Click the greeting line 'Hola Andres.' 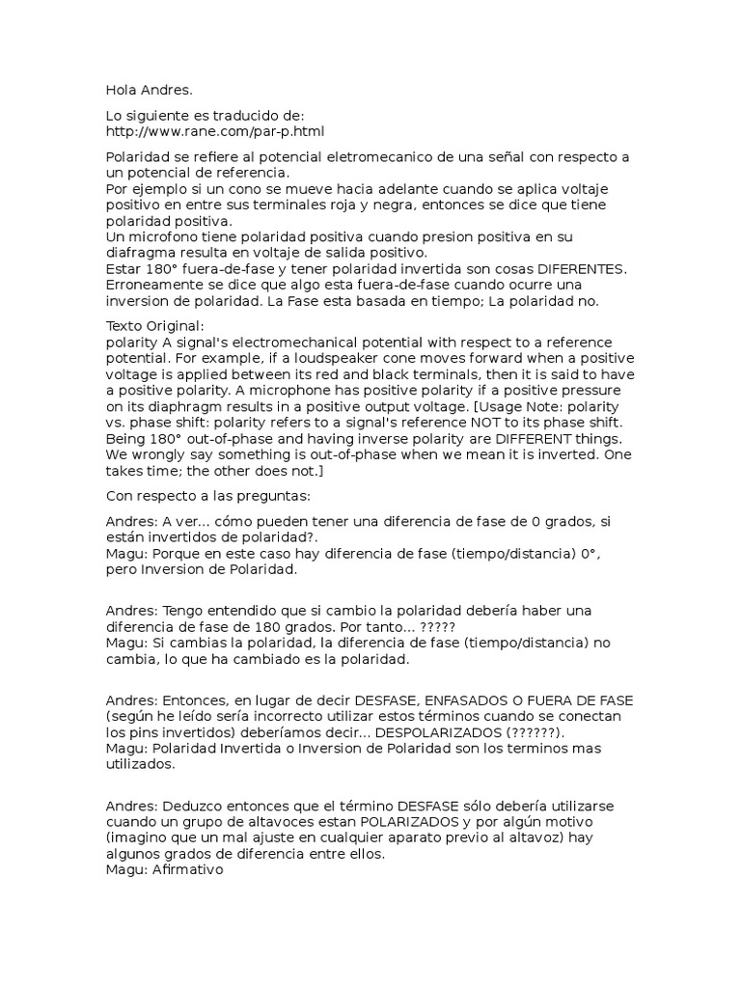pos(149,91)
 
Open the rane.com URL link pos(215,130)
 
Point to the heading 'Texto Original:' pos(154,327)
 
